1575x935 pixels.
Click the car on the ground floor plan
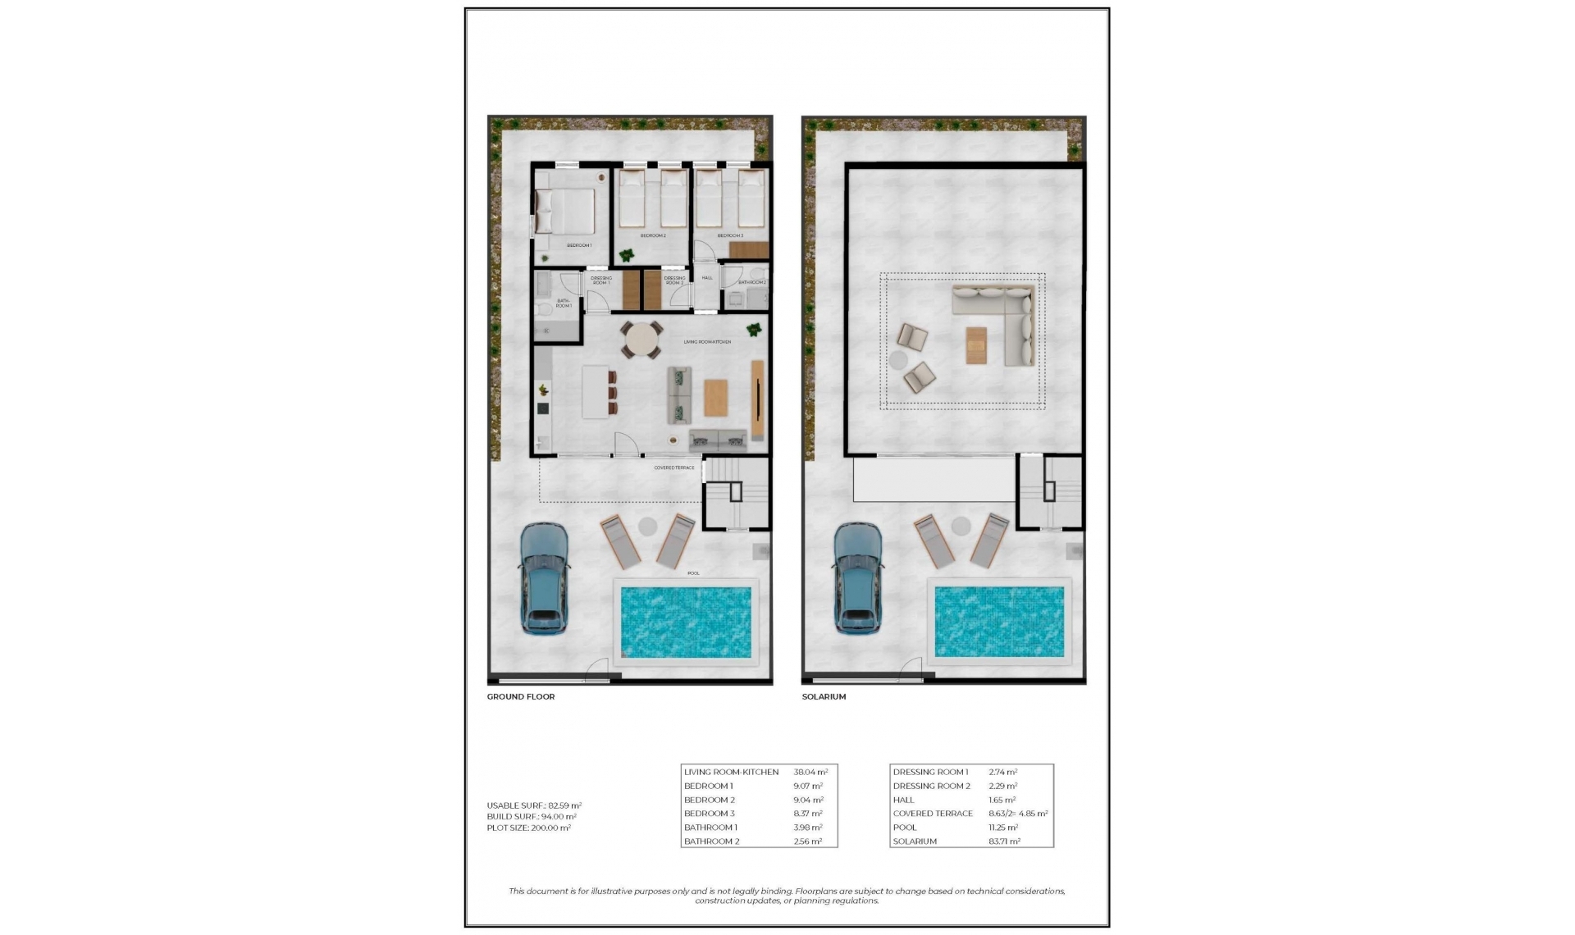pos(544,579)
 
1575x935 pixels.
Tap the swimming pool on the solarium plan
pos(999,621)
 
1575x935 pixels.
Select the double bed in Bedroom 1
pos(566,212)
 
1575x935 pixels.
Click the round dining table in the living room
pos(641,340)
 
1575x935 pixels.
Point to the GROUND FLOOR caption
pos(521,696)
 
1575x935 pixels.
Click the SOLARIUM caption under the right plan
pos(824,696)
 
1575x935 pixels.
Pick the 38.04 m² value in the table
pos(810,772)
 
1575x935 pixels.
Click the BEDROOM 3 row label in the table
pos(709,814)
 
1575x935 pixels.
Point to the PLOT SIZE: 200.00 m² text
pos(528,828)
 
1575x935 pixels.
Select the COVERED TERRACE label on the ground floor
pos(673,467)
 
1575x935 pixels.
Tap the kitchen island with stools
pos(596,392)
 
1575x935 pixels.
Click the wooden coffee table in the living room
pos(715,398)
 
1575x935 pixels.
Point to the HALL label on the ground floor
pos(707,278)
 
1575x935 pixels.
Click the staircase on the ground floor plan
pos(736,492)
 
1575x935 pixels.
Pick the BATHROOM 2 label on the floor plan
pos(751,282)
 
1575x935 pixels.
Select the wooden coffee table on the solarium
pos(976,344)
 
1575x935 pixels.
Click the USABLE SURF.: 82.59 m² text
pos(534,805)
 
